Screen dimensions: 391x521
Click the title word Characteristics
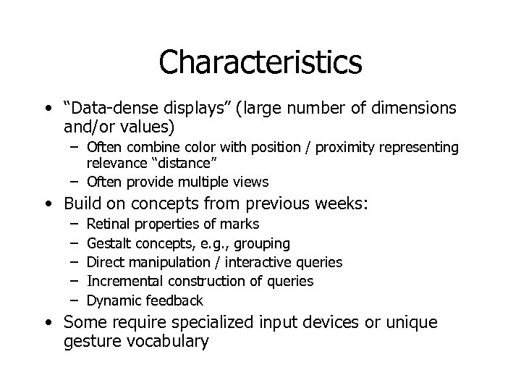[x=260, y=62]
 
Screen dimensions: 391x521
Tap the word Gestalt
[x=109, y=243]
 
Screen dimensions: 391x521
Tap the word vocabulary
[x=164, y=341]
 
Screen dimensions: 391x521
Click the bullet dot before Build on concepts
[x=47, y=206]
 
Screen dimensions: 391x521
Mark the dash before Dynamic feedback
[x=75, y=300]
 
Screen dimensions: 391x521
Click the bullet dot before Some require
[x=47, y=323]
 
